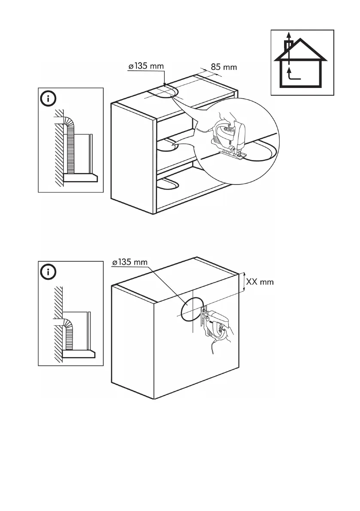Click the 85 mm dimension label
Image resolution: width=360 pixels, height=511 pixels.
[224, 67]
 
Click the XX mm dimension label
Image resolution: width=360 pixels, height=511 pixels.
[260, 282]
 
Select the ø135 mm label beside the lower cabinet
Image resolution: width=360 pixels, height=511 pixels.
[129, 262]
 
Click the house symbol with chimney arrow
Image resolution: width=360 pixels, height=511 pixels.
[302, 63]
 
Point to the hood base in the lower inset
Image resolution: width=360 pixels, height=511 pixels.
[79, 354]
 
